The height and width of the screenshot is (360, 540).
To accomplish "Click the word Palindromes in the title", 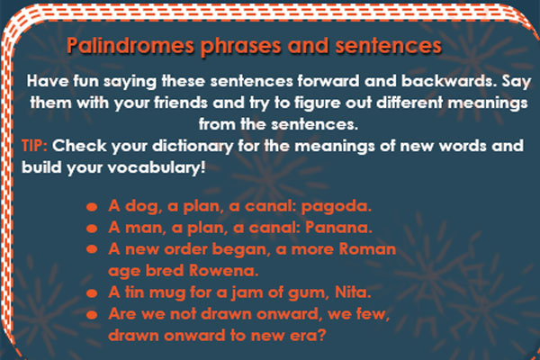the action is (x=130, y=46).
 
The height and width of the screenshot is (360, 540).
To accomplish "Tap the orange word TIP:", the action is (x=34, y=146).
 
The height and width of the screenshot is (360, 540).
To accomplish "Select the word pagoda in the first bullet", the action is (x=337, y=207).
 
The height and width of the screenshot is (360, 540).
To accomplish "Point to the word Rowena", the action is (x=223, y=271).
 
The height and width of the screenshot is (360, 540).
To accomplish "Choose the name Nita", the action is (x=353, y=292).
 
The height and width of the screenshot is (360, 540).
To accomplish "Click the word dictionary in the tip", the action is (x=193, y=147).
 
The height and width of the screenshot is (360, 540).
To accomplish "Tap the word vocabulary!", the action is (x=157, y=168).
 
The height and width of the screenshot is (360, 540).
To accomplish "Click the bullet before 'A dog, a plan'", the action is (x=92, y=207).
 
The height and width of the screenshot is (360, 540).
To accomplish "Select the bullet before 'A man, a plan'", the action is (x=92, y=228).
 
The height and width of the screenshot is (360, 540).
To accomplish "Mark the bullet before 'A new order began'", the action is (x=92, y=249).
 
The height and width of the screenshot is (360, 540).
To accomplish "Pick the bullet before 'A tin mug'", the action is (x=92, y=293).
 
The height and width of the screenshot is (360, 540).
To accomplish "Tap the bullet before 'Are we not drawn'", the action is (x=92, y=314).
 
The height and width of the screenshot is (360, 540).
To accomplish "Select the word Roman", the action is (x=367, y=249).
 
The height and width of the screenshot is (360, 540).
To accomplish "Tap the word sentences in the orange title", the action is (x=389, y=46).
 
